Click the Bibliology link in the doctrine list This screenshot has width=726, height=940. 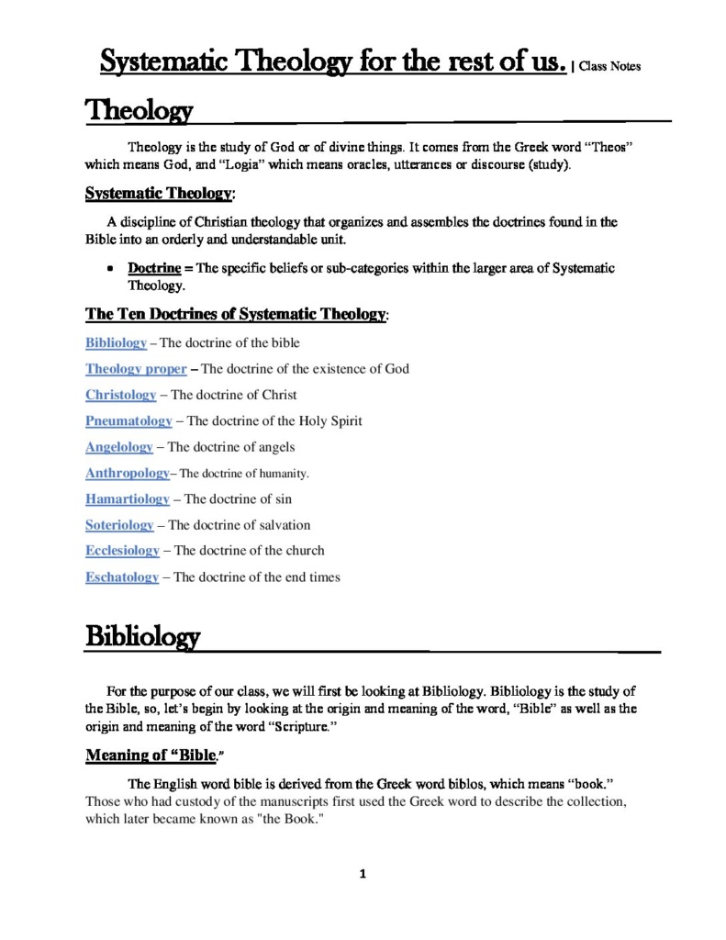[116, 342]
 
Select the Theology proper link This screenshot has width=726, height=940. [136, 369]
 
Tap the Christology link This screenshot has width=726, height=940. [120, 395]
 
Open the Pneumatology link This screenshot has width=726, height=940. [128, 420]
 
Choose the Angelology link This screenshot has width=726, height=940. [119, 447]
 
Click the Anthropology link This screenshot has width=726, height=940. [127, 473]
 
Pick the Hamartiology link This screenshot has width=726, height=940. [127, 499]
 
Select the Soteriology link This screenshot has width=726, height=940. [119, 525]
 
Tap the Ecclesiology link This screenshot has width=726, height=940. [122, 551]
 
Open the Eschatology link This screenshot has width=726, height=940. [122, 577]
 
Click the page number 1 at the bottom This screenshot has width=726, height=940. [363, 874]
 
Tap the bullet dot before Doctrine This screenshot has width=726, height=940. [109, 268]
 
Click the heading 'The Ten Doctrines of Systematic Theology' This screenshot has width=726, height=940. [237, 315]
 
